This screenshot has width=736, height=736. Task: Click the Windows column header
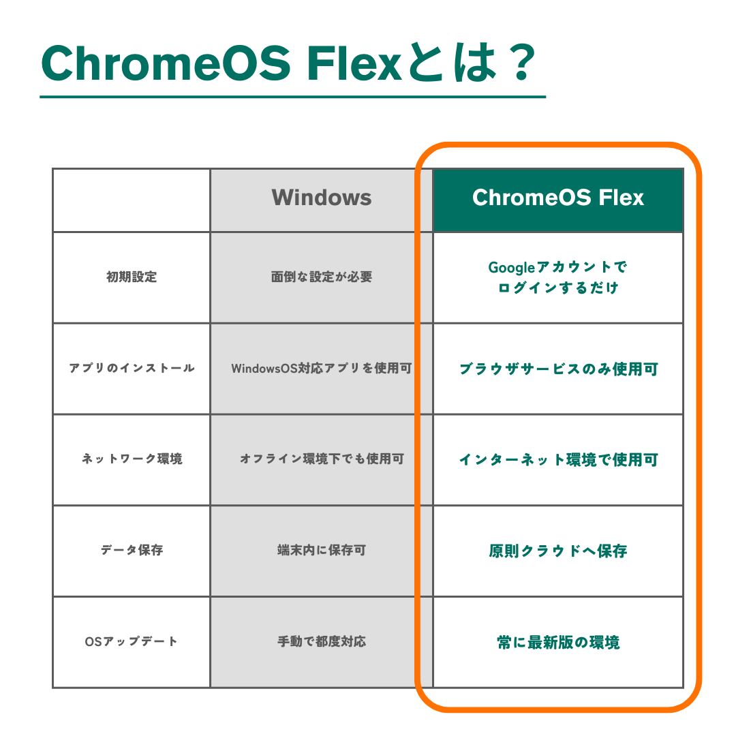(321, 198)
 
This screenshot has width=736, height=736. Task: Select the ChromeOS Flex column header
(557, 198)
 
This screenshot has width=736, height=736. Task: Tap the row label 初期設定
(132, 277)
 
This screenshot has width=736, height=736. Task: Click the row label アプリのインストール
(132, 369)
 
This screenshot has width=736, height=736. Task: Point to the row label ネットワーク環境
(132, 459)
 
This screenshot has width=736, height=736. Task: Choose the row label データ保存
(132, 551)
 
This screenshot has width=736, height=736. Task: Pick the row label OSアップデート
(132, 642)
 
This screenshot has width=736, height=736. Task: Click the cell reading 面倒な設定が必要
(321, 277)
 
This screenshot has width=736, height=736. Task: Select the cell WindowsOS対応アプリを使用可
(321, 369)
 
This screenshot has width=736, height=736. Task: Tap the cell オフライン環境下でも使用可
(321, 459)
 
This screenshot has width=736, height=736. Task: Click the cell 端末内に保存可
(321, 551)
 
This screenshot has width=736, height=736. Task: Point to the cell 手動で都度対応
(321, 642)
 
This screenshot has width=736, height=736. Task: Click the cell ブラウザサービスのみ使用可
(557, 369)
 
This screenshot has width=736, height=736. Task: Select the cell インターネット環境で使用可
(557, 460)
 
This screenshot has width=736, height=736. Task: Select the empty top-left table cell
(132, 200)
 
